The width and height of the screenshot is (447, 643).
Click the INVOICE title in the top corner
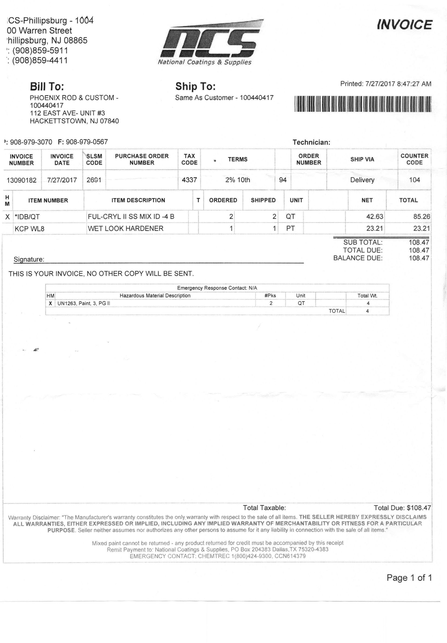[x=404, y=25]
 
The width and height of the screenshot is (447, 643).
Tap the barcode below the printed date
[x=363, y=104]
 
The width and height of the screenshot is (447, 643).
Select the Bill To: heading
[x=47, y=87]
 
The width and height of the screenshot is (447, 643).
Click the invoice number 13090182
[x=22, y=180]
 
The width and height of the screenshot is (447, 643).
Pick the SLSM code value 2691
[x=94, y=180]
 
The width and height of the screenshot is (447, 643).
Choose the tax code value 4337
[x=189, y=180]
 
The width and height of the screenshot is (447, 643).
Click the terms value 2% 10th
[x=237, y=180]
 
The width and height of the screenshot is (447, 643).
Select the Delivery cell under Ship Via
[x=362, y=180]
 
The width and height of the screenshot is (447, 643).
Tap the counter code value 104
[x=414, y=180]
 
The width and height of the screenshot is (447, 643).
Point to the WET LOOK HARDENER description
[x=125, y=229]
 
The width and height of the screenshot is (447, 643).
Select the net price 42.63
[x=374, y=217]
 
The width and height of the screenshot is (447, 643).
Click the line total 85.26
[x=421, y=217]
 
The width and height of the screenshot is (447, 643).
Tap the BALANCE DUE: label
[x=358, y=258]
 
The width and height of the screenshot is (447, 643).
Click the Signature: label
[x=29, y=259]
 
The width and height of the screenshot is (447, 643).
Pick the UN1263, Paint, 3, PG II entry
[x=84, y=303]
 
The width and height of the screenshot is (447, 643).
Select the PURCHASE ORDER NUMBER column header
[x=142, y=159]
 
